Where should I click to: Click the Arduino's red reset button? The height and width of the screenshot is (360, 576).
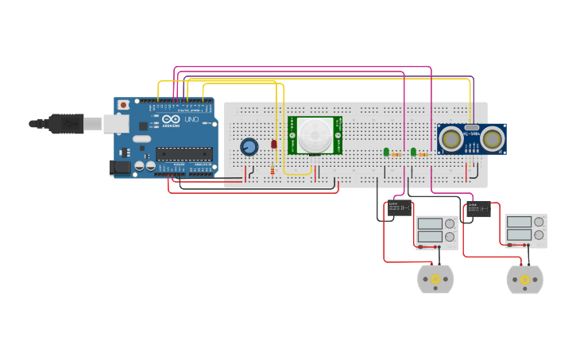[123, 105]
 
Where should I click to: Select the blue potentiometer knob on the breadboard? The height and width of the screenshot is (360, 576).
[249, 147]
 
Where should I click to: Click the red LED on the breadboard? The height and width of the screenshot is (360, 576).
[274, 144]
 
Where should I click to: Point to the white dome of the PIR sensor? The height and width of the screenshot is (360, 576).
[315, 135]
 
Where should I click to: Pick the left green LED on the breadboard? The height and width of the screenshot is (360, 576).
[386, 151]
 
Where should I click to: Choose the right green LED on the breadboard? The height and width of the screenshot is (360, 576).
[413, 151]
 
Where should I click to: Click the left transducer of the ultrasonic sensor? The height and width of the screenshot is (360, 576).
[451, 139]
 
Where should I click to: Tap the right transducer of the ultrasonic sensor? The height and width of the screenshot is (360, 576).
[493, 139]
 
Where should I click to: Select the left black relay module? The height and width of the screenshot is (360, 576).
[398, 209]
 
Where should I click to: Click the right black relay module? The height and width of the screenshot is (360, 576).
[478, 210]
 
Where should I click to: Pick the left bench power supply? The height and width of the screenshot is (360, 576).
[436, 231]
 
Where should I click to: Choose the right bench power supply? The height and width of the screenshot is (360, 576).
[525, 230]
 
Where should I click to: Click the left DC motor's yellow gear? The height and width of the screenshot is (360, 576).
[435, 280]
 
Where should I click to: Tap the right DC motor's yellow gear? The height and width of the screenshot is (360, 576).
[524, 280]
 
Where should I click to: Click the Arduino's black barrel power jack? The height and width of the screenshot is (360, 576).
[120, 167]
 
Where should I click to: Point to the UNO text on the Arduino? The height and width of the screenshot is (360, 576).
[191, 119]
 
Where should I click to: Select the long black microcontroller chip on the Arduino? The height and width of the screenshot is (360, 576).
[184, 153]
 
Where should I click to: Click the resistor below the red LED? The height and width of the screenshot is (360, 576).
[273, 170]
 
